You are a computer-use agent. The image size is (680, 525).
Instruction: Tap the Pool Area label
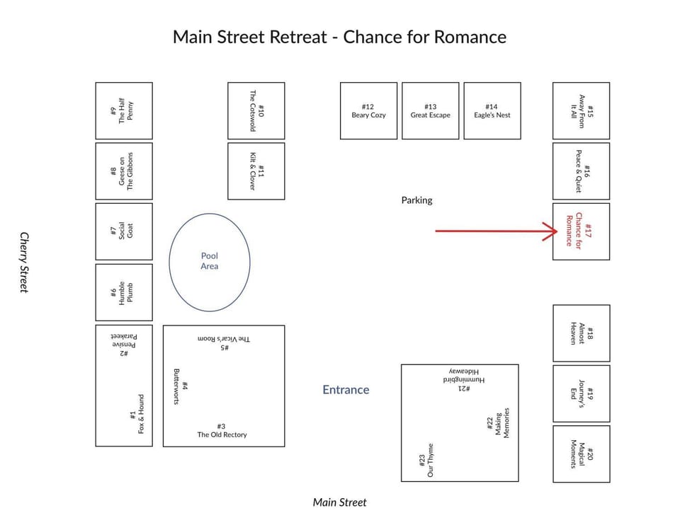click(x=210, y=261)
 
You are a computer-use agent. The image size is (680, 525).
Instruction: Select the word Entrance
click(x=346, y=390)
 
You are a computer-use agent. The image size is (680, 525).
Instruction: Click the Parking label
click(x=416, y=200)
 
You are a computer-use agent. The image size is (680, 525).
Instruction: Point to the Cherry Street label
click(x=24, y=262)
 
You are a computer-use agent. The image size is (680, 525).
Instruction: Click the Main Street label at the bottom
click(x=339, y=502)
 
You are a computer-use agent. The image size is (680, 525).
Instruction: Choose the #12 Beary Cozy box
click(x=368, y=111)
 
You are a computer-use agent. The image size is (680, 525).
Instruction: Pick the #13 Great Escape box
click(x=430, y=111)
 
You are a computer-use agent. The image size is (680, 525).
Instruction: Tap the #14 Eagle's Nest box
click(x=492, y=111)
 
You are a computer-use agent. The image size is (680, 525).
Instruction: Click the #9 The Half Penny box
click(x=124, y=111)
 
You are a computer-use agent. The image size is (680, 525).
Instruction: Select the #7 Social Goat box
click(x=124, y=232)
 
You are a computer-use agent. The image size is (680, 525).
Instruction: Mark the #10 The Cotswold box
click(x=256, y=111)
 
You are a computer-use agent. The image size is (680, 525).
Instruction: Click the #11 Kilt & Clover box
click(x=256, y=171)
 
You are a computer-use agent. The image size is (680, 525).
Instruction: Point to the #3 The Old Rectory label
click(x=222, y=431)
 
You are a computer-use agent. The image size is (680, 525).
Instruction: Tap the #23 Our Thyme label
click(x=426, y=460)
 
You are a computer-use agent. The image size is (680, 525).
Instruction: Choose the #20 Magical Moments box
click(x=582, y=454)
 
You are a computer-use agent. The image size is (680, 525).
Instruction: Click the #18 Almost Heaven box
click(x=582, y=333)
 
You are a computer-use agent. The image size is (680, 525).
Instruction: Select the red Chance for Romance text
click(x=574, y=230)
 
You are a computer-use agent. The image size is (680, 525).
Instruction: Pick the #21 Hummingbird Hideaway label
click(x=464, y=380)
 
